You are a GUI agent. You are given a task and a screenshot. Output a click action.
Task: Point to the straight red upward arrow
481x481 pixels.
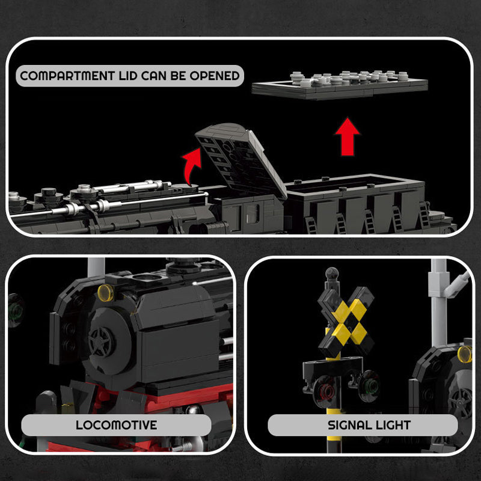pyautogui.click(x=348, y=136)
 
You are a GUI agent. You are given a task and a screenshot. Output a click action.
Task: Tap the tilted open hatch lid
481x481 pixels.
pyautogui.click(x=240, y=158)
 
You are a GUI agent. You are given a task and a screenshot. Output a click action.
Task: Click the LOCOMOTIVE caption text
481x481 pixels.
pyautogui.click(x=116, y=425)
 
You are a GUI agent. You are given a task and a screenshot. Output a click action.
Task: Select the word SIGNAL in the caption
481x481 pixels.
pyautogui.click(x=348, y=425)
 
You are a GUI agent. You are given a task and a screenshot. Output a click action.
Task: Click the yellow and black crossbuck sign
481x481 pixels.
pyautogui.click(x=346, y=320)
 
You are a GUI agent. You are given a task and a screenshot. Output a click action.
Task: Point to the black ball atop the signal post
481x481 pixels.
pyautogui.click(x=329, y=274)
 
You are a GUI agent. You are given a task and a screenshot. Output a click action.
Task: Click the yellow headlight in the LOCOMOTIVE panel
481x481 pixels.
pyautogui.click(x=105, y=293)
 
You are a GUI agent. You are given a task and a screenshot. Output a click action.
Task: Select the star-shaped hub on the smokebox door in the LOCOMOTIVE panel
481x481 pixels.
pyautogui.click(x=100, y=341)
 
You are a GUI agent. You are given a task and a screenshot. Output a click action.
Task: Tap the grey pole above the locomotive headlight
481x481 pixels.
pyautogui.click(x=96, y=267)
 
